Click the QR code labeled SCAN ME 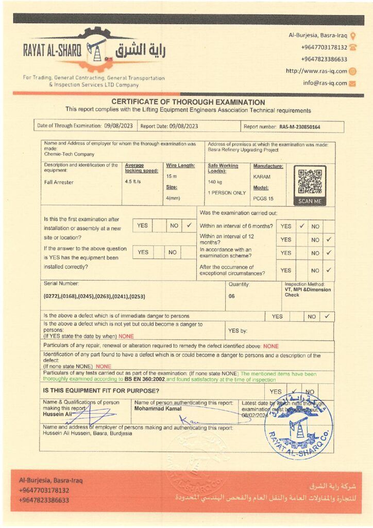tap(310, 181)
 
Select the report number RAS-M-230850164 tap(299, 126)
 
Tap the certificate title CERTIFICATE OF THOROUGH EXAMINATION tap(188, 102)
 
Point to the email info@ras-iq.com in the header tap(325, 83)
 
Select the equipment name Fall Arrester tap(59, 182)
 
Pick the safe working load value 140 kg tap(215, 182)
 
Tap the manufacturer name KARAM tap(262, 177)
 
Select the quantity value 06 tap(231, 296)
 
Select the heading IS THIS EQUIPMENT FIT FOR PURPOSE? tap(94, 391)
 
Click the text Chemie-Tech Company tap(69, 154)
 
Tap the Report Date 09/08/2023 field tap(169, 126)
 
